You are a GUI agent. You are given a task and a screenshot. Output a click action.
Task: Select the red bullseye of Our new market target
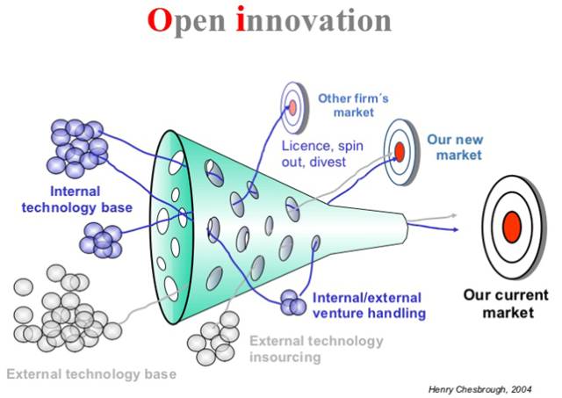pyautogui.click(x=400, y=151)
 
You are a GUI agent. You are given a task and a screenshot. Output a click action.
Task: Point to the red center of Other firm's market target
pyautogui.click(x=292, y=106)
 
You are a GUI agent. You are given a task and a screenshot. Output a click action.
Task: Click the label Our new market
pyautogui.click(x=454, y=147)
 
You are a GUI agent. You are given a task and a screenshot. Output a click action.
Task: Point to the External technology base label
pyautogui.click(x=91, y=374)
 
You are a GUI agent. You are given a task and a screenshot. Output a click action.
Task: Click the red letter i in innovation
pyautogui.click(x=241, y=23)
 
